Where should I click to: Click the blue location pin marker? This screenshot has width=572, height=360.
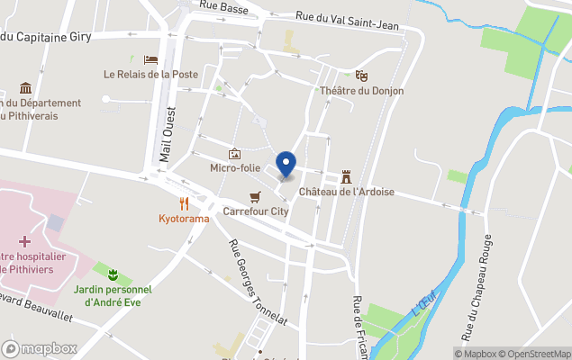tap(286, 165)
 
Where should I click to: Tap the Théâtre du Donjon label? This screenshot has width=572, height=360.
tap(361, 91)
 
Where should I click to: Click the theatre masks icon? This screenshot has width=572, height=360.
tap(361, 76)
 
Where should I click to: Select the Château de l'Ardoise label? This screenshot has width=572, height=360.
tap(347, 192)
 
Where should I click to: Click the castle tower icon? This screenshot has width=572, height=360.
tap(346, 176)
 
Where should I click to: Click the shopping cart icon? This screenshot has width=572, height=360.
tap(256, 197)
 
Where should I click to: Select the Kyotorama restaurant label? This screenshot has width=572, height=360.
tap(184, 218)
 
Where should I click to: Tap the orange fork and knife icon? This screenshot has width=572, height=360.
tap(184, 202)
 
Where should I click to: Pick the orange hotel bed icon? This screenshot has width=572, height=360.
tap(150, 59)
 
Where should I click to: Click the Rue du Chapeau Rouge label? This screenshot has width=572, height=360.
tap(477, 286)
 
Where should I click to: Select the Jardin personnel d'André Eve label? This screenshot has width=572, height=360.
tap(113, 295)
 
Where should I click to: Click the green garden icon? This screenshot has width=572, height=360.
tap(113, 274)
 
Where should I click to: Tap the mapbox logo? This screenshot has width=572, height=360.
tap(39, 348)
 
